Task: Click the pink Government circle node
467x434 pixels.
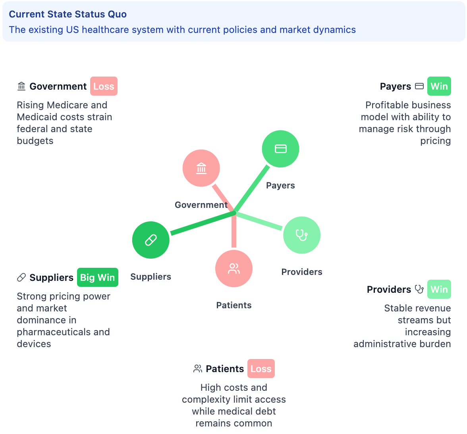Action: (201, 168)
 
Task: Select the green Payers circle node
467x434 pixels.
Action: (280, 149)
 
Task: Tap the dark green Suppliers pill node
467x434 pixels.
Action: (151, 240)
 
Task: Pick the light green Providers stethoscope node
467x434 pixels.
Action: (302, 235)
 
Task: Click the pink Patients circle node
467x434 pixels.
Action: (234, 269)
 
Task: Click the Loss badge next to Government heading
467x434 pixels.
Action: (104, 86)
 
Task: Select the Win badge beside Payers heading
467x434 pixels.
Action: (439, 86)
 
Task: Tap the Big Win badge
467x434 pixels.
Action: (97, 277)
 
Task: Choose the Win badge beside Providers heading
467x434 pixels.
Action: (439, 289)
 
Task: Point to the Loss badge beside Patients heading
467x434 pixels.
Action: (261, 369)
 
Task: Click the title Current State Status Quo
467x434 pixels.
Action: (68, 14)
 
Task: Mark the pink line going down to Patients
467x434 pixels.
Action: (234, 232)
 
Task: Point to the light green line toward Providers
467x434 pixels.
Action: (260, 221)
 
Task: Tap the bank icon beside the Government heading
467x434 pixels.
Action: (21, 86)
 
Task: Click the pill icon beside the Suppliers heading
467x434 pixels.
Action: (21, 277)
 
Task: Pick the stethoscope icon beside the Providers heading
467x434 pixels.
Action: (419, 289)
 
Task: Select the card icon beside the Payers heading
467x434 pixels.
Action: (419, 86)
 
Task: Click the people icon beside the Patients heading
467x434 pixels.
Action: (198, 369)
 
